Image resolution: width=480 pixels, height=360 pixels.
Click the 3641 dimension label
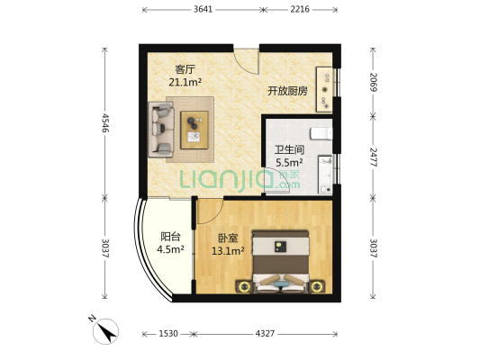203,9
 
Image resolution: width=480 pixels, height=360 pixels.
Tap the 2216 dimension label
300,9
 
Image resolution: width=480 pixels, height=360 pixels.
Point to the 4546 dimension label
105,123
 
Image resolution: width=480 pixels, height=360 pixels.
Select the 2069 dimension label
373,82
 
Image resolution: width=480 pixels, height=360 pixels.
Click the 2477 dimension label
373,157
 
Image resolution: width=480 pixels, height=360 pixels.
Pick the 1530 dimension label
168,333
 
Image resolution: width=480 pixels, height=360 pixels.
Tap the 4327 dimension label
265,333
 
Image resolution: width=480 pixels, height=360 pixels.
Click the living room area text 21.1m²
185,82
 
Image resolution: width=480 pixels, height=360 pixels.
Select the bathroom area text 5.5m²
289,162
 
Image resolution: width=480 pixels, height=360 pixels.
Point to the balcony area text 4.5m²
170,249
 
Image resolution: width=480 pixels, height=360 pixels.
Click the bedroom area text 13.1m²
228,251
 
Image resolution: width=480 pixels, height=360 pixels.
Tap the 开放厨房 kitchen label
287,91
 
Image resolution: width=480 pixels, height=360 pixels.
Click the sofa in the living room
161,130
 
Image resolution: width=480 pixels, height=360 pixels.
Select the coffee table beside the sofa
195,130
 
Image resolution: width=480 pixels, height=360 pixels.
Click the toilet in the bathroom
322,134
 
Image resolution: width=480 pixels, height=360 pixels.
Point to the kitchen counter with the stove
324,89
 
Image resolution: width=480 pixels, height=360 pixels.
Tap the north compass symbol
105,331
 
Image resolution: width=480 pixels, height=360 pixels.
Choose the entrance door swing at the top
247,61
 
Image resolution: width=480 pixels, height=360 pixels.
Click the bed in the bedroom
280,262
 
